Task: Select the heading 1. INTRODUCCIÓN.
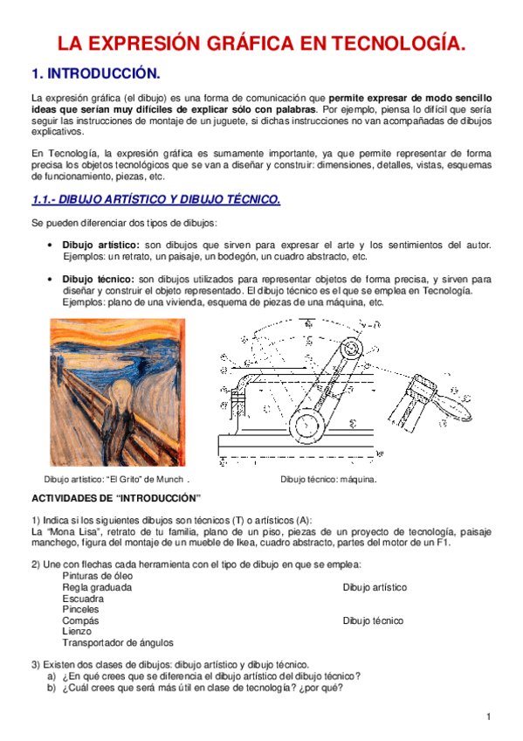95,73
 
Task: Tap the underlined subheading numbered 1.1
155,200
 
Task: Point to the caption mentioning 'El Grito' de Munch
116,479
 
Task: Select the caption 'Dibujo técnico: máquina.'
327,479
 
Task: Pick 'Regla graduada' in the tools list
97,588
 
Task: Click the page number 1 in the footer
490,717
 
